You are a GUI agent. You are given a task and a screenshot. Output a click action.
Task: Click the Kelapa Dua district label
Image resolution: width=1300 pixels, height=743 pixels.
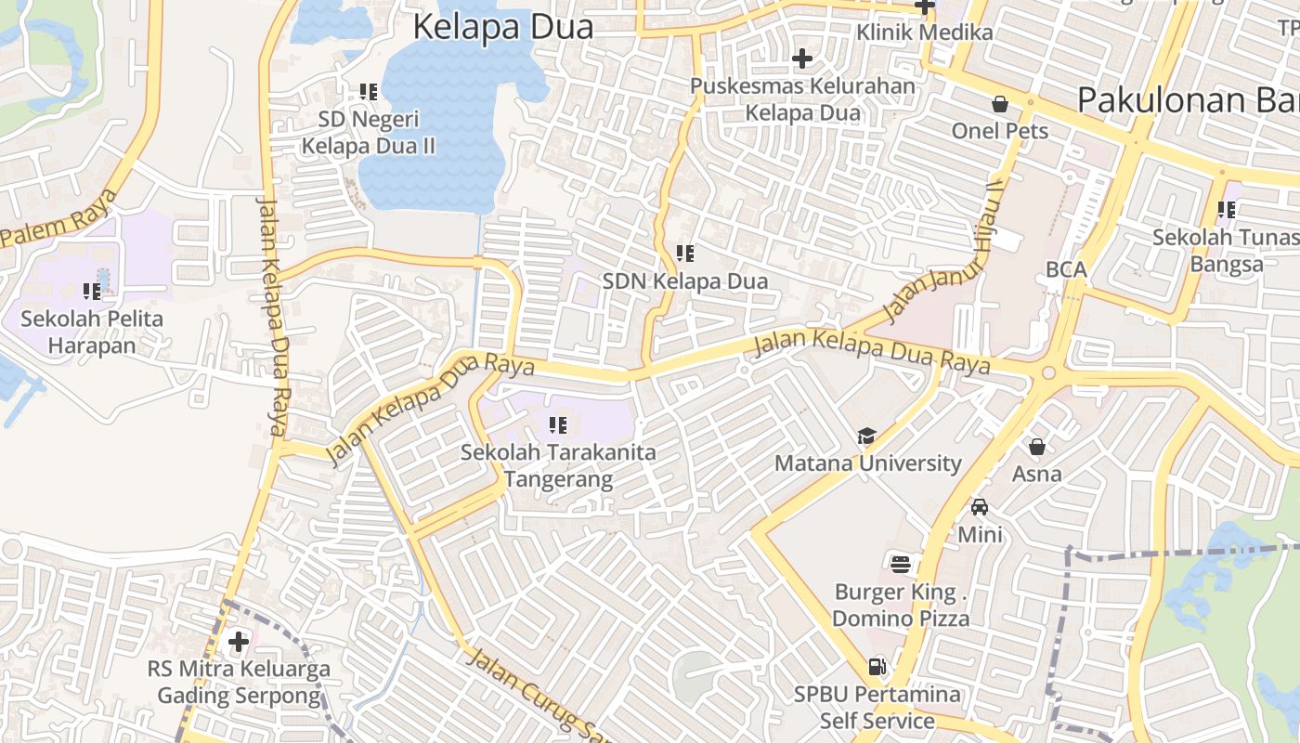[502, 27]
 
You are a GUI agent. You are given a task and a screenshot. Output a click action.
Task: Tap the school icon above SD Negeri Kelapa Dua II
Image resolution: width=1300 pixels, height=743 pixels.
[369, 92]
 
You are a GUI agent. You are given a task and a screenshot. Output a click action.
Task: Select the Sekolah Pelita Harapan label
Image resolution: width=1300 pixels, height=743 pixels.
[92, 332]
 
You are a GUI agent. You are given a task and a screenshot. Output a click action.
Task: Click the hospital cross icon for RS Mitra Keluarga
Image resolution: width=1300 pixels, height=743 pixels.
[239, 641]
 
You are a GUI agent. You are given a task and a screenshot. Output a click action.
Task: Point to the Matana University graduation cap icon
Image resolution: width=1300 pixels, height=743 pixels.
[866, 436]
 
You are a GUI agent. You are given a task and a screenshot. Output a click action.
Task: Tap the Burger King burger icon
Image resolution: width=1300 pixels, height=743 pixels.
[900, 564]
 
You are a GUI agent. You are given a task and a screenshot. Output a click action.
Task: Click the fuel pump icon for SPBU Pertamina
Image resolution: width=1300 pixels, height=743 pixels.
[876, 666]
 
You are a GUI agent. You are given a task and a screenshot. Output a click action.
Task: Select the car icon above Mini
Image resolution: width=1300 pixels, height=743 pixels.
[980, 507]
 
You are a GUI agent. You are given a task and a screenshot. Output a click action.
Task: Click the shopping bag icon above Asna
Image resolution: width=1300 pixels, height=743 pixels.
[1037, 447]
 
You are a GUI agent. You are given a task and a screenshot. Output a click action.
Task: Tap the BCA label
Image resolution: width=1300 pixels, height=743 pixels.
[1066, 269]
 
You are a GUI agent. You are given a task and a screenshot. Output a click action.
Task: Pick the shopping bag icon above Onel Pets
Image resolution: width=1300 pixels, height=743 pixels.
[1000, 103]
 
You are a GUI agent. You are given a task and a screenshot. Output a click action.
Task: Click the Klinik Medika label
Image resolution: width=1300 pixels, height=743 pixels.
[924, 33]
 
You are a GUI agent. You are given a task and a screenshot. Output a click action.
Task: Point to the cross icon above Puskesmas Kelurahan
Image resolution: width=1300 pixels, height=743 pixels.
[802, 59]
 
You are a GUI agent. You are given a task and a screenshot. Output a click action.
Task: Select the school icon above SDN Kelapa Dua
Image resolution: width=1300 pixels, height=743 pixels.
[685, 253]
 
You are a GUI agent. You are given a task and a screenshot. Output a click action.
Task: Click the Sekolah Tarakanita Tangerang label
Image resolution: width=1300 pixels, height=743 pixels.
[559, 466]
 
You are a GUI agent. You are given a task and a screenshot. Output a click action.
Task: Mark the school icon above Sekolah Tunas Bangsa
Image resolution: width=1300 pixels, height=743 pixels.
[1227, 210]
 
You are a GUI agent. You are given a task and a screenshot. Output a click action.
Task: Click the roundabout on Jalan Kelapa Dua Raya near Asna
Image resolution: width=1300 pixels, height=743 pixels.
[1049, 373]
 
